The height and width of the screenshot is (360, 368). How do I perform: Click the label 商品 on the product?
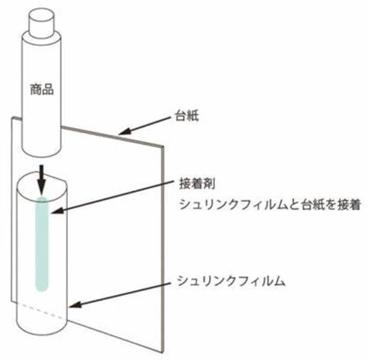pyautogui.click(x=42, y=90)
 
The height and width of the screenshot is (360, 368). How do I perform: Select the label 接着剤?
pyautogui.click(x=192, y=183)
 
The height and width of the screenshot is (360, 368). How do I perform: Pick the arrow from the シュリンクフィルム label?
pyautogui.click(x=120, y=294)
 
